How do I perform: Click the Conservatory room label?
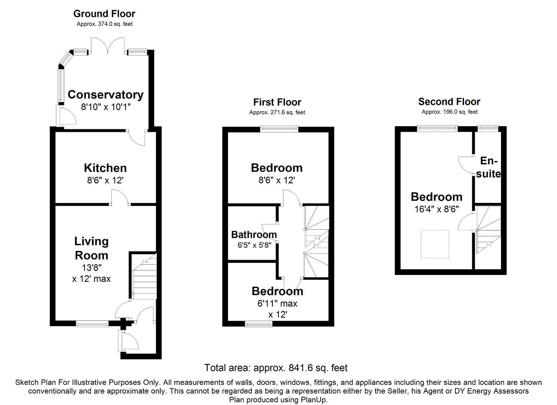[x=106, y=95]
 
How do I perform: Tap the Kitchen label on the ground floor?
[x=105, y=168]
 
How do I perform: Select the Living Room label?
[x=91, y=248]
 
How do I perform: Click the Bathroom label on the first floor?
[x=254, y=234]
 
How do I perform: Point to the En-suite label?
[x=489, y=167]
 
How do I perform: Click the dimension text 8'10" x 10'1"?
[x=106, y=107]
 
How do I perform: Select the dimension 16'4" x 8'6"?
[x=437, y=209]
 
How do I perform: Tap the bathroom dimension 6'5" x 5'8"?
[x=254, y=245]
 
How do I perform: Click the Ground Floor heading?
[x=104, y=14]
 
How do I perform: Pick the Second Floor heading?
[x=449, y=102]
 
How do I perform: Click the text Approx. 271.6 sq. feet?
[x=277, y=112]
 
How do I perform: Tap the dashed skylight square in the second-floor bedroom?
[x=435, y=244]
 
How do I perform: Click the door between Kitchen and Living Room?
[x=120, y=198]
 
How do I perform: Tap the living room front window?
[x=92, y=323]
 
